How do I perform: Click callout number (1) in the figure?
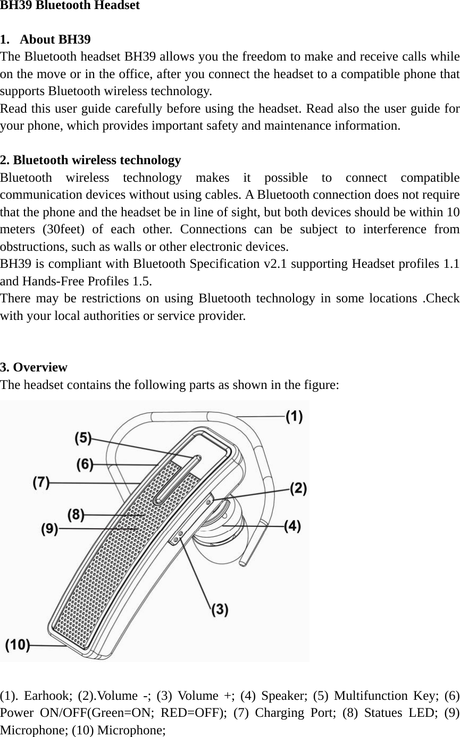pyautogui.click(x=295, y=417)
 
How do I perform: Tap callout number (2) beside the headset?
pyautogui.click(x=298, y=488)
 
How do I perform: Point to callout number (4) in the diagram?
pyautogui.click(x=292, y=526)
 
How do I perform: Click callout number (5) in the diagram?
pyautogui.click(x=83, y=438)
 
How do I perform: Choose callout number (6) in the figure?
pyautogui.click(x=85, y=464)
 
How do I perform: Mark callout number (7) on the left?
pyautogui.click(x=41, y=482)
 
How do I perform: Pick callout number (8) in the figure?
pyautogui.click(x=76, y=514)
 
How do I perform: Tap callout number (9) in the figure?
pyautogui.click(x=49, y=529)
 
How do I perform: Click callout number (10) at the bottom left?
pyautogui.click(x=17, y=645)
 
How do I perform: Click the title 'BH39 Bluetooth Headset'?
pyautogui.click(x=70, y=6)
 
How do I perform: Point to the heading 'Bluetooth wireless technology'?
pyautogui.click(x=97, y=160)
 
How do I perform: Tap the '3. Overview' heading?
pyautogui.click(x=34, y=367)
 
